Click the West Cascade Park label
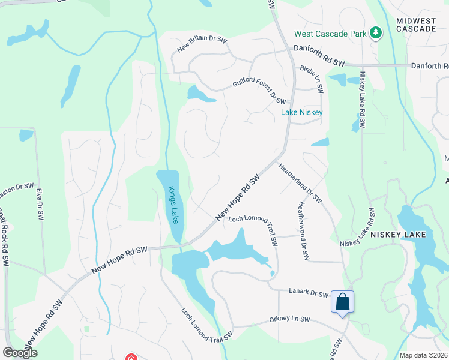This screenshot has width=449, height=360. tap(330, 34)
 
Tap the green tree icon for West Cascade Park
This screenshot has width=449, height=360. tap(376, 32)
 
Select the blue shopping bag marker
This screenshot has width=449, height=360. tap(342, 301)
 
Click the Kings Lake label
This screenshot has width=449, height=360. tap(172, 204)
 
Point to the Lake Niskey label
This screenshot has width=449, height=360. tap(302, 112)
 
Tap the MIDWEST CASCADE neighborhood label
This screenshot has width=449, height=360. tap(415, 25)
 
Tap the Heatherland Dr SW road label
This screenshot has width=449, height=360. tap(300, 182)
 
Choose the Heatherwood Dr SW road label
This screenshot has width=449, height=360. tap(302, 230)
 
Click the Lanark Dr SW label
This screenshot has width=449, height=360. tap(307, 293)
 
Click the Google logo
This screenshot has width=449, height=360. tap(20, 353)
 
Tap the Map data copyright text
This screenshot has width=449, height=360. tap(423, 355)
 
